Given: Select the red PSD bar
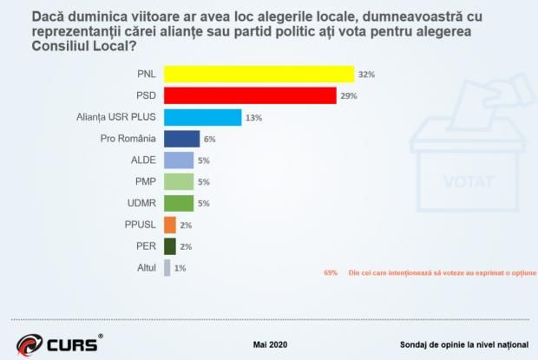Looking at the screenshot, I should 250,95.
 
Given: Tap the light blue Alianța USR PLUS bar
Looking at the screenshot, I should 202,117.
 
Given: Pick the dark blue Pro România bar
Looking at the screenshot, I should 181,139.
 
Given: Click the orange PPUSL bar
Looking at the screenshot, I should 170,226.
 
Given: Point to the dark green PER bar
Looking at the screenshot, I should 170,247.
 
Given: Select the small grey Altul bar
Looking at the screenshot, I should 167,268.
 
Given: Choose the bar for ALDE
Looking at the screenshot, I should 179,160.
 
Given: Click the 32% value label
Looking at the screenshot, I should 367,75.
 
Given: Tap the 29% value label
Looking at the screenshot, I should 349,96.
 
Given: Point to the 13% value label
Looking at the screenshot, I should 253,118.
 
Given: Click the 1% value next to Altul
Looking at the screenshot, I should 179,269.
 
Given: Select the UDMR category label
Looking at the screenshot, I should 141,204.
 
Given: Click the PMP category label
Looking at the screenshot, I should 145,182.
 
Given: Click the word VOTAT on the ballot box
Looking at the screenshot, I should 469,183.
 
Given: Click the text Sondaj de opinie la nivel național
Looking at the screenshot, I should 465,343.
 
